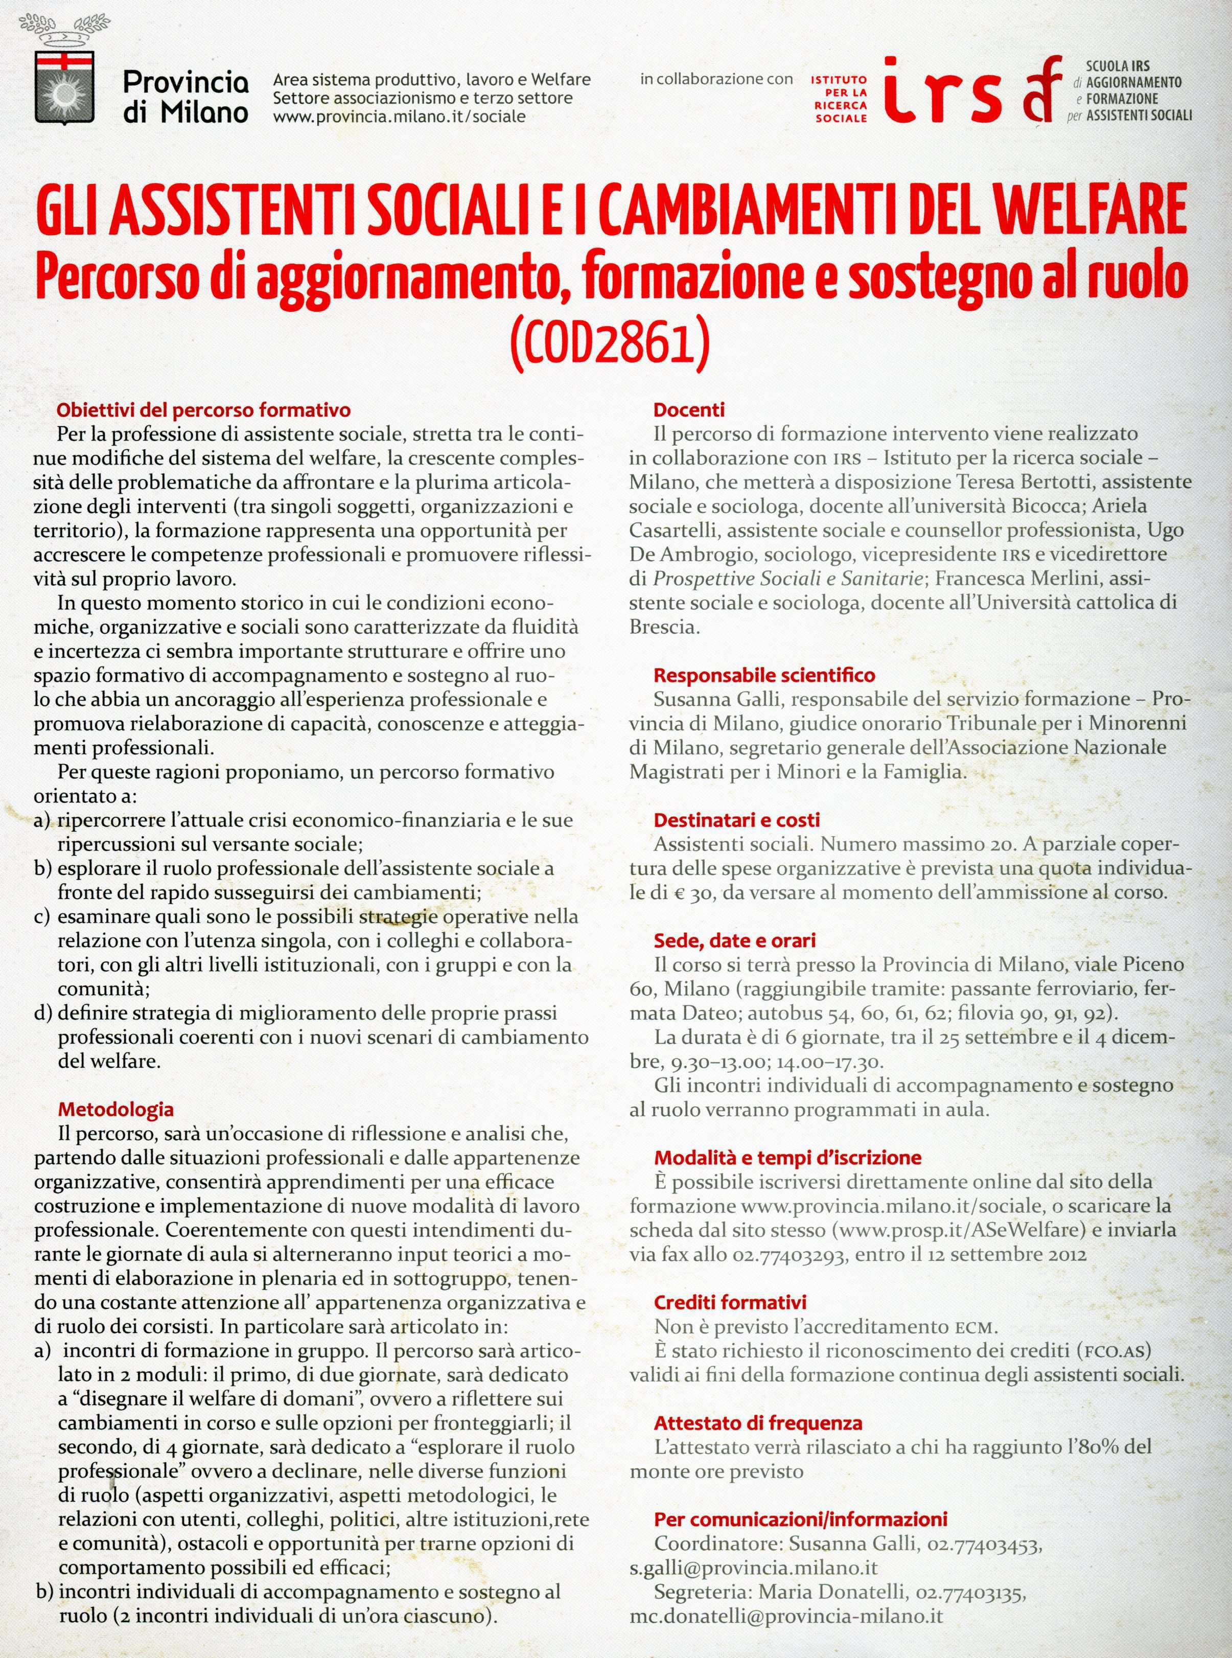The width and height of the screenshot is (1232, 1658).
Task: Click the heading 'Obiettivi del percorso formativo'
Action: click(x=203, y=410)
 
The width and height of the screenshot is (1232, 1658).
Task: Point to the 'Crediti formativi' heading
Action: click(x=730, y=1303)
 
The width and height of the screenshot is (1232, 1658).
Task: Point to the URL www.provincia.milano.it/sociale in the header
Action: click(x=400, y=117)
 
